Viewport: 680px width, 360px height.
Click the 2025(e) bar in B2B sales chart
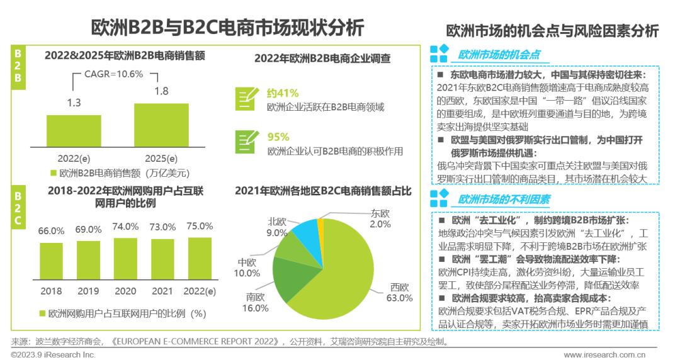(161, 124)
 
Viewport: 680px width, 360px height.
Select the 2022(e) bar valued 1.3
(74, 130)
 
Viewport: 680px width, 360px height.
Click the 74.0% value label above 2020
(125, 227)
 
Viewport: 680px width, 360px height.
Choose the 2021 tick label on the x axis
(162, 291)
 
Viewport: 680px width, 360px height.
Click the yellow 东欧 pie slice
(320, 223)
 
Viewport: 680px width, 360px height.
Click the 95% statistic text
(278, 137)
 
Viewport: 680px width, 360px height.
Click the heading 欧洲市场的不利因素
(504, 200)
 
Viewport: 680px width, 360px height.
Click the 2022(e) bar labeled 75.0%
(200, 258)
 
